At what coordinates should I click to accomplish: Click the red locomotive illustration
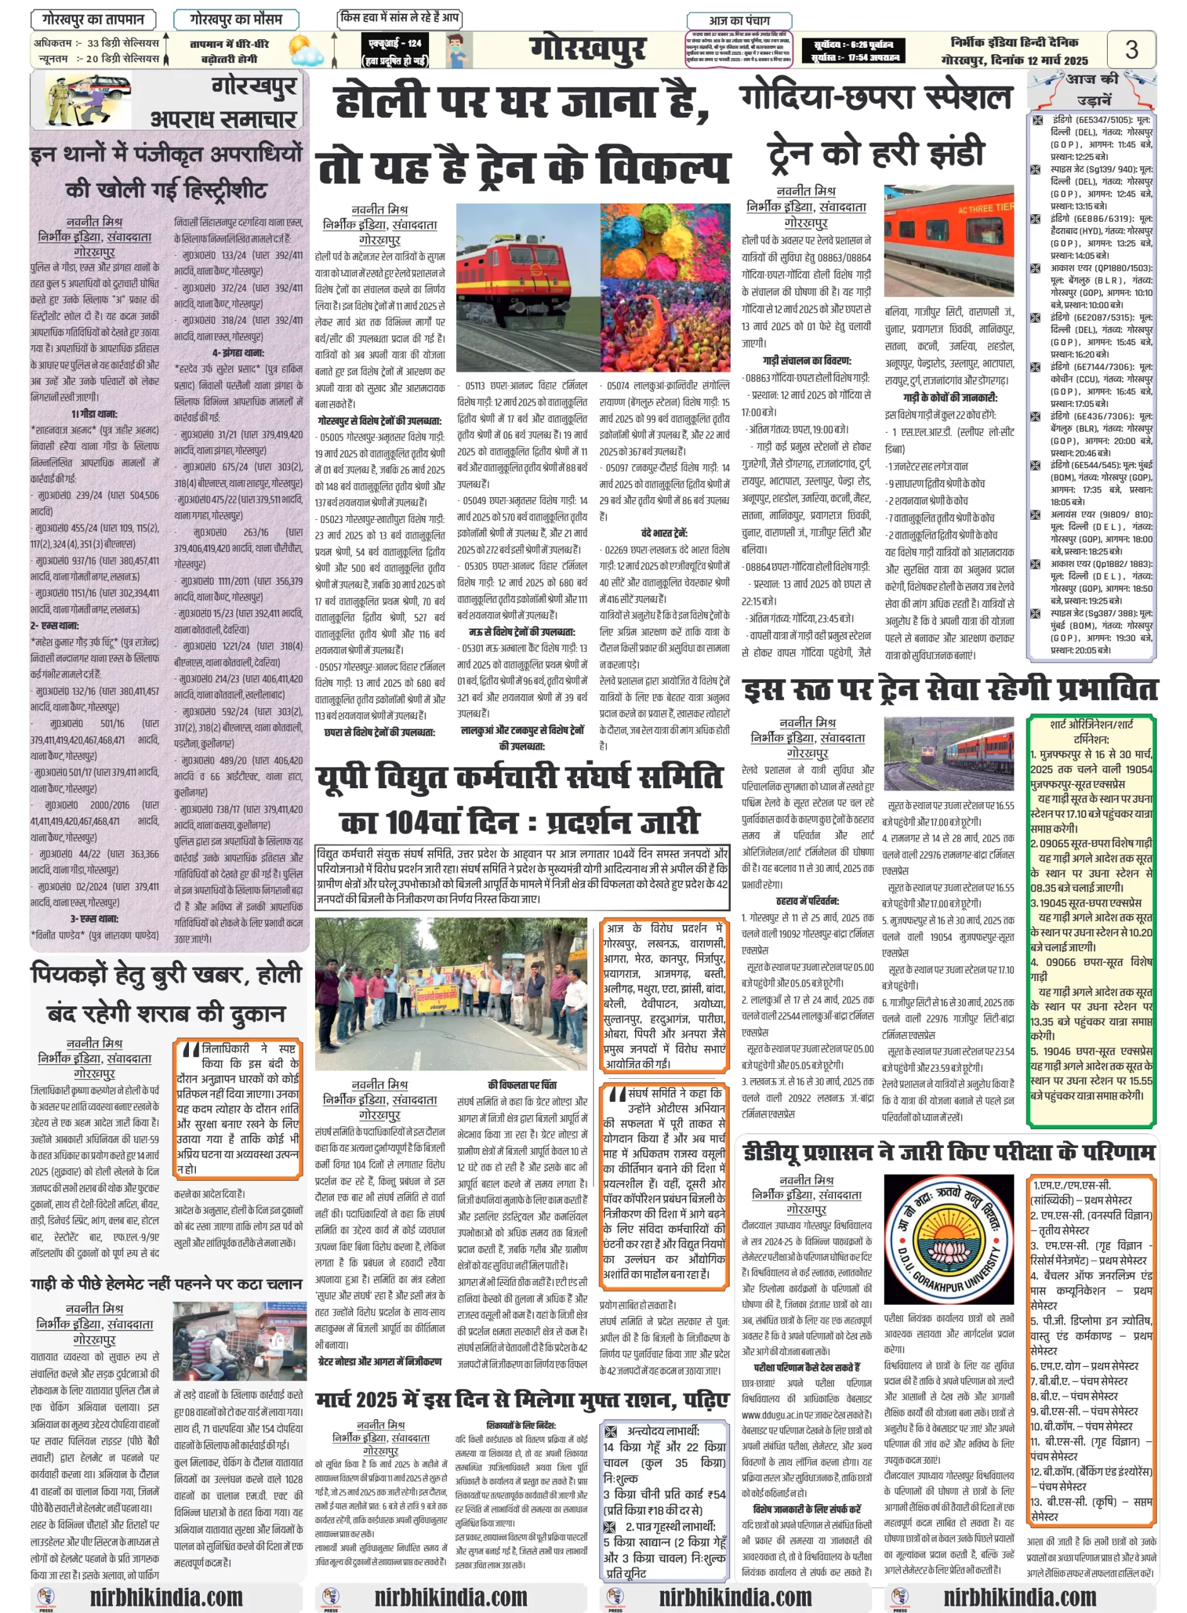point(527,287)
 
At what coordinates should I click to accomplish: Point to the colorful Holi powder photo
point(665,287)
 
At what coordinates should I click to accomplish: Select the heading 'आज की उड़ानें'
point(1092,88)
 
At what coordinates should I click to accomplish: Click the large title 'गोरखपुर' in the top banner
point(587,50)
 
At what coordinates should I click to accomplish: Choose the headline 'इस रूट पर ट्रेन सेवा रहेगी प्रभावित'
point(949,689)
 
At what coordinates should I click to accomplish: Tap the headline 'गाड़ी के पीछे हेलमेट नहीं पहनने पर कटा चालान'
point(166,1284)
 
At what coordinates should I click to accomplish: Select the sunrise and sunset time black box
point(852,50)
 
